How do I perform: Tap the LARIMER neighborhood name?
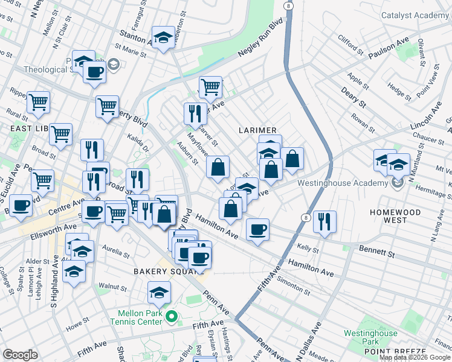257,130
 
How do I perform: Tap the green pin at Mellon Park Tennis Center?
171,316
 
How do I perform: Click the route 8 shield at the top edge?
289,5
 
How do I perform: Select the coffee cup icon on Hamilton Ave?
257,229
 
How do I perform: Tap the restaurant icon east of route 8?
325,221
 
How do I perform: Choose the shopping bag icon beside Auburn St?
218,167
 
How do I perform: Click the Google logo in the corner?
20,355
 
